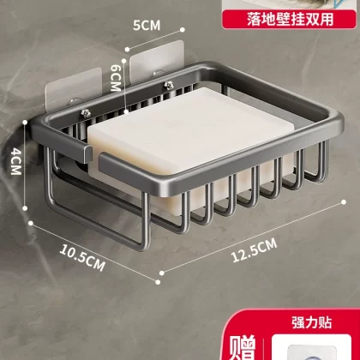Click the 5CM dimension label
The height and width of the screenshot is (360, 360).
click(x=147, y=26)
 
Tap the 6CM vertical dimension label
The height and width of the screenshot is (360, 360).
click(x=116, y=78)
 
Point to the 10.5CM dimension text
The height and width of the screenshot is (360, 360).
click(x=82, y=258)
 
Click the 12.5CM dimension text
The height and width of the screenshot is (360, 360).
click(x=254, y=250)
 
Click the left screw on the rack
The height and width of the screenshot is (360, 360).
click(x=86, y=114)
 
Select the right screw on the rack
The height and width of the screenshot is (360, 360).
click(x=169, y=85)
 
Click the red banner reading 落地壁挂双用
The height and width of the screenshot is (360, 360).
click(x=290, y=20)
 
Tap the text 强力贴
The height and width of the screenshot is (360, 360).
click(x=312, y=323)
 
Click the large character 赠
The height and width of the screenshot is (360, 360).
click(x=242, y=348)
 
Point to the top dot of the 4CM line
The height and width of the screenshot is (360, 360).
click(x=25, y=123)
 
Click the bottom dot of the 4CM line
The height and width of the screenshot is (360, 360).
click(x=25, y=208)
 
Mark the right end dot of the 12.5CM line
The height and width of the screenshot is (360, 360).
click(x=344, y=202)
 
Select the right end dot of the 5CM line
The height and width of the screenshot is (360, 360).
click(x=182, y=29)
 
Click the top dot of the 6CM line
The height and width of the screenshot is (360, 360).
click(x=124, y=60)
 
